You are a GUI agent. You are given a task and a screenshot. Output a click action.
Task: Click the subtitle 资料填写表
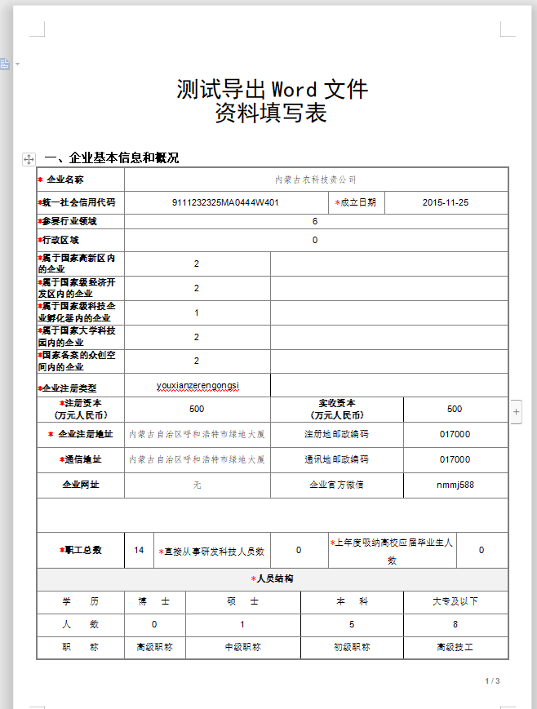click(x=271, y=113)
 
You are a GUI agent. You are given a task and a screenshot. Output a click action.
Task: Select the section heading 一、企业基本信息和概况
click(x=112, y=158)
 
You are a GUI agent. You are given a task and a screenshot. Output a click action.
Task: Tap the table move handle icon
click(x=29, y=159)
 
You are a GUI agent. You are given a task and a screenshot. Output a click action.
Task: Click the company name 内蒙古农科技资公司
click(x=316, y=179)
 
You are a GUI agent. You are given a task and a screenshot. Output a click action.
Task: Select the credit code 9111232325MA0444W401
click(x=226, y=202)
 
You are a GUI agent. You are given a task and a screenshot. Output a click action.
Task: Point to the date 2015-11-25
click(x=446, y=202)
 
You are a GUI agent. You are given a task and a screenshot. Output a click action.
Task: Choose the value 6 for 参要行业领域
click(x=315, y=221)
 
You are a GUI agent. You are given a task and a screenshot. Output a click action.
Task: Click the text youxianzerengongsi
click(x=198, y=384)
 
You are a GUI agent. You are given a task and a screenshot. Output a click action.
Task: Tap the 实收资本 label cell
click(x=336, y=409)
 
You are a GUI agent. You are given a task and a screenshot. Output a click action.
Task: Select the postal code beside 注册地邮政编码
click(x=455, y=434)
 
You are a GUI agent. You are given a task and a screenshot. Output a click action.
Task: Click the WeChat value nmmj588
click(x=455, y=485)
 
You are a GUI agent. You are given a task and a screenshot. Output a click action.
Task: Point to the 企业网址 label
click(x=81, y=485)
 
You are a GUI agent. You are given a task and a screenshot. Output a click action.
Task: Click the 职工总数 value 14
click(x=139, y=550)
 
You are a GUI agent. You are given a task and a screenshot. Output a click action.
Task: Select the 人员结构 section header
click(x=273, y=579)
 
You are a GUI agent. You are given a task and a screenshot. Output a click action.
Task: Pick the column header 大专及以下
click(x=455, y=601)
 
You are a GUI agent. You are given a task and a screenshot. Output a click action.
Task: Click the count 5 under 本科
click(x=352, y=624)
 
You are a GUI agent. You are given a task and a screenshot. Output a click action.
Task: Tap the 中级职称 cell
click(x=242, y=647)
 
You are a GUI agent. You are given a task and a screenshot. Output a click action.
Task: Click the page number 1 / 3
click(x=492, y=680)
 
